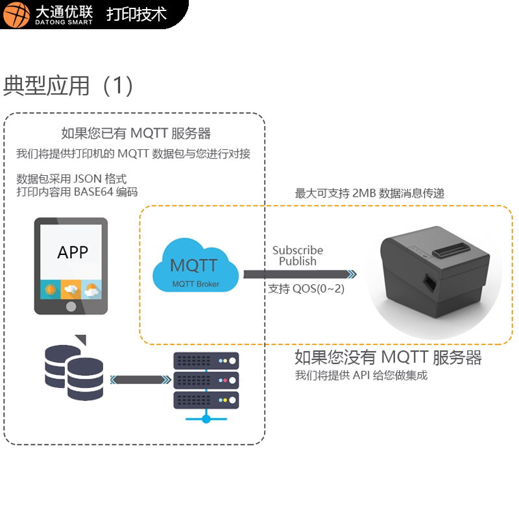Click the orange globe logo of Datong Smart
tap(16, 14)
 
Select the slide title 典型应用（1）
tap(69, 86)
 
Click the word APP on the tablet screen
tap(72, 252)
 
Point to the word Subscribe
tap(297, 250)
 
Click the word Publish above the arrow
tap(297, 261)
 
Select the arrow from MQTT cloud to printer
tap(299, 274)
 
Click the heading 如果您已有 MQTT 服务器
tap(136, 134)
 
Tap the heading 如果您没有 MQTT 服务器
tap(388, 357)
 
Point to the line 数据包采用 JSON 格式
tap(71, 179)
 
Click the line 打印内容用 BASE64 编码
tap(77, 192)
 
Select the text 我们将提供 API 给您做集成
tap(361, 376)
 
